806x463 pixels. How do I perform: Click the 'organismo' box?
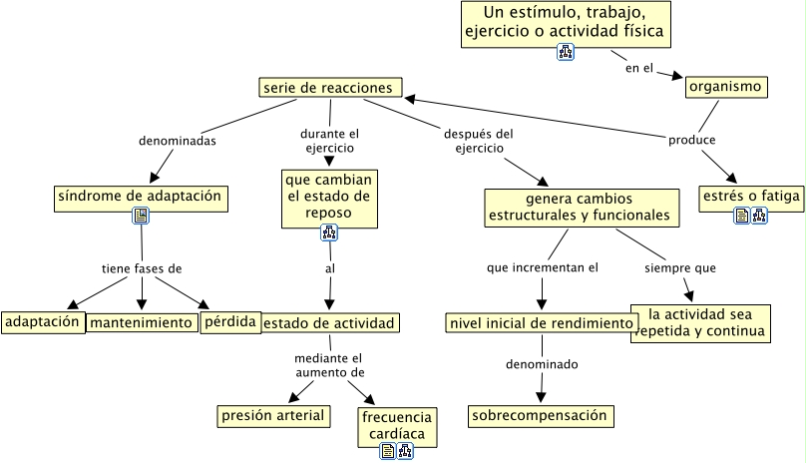click(x=726, y=87)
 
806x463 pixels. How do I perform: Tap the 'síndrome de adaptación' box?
click(x=141, y=197)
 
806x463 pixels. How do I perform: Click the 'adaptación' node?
click(x=42, y=322)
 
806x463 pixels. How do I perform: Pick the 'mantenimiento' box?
click(x=142, y=322)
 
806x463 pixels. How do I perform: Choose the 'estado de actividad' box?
click(x=330, y=322)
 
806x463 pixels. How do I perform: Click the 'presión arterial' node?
click(x=273, y=415)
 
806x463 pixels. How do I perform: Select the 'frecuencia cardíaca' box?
click(x=397, y=425)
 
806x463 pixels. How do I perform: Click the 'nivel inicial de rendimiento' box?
click(x=541, y=323)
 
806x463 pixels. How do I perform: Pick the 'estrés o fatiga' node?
click(x=750, y=197)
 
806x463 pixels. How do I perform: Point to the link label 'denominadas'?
click(x=178, y=141)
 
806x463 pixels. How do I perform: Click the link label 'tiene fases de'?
click(x=143, y=268)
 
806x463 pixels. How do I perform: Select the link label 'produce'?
click(x=691, y=140)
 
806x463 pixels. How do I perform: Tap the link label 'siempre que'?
click(x=679, y=267)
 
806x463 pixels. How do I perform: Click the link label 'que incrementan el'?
click(x=543, y=267)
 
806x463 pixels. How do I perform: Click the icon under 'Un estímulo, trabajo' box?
click(x=566, y=53)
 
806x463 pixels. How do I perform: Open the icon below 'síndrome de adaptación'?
click(x=141, y=216)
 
